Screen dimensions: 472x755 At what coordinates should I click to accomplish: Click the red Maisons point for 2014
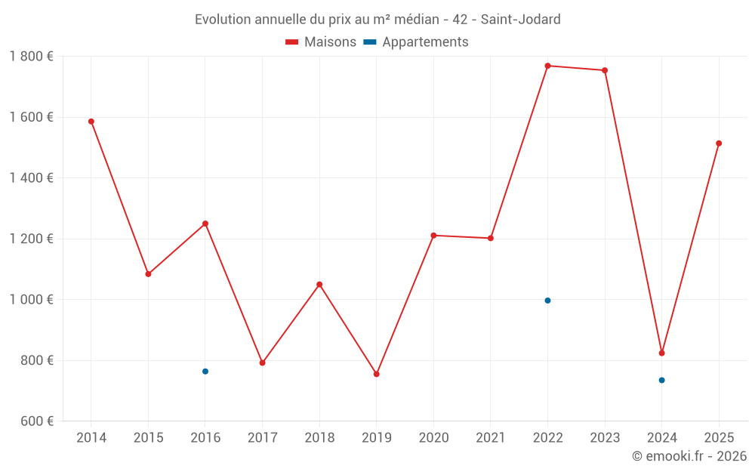[91, 122]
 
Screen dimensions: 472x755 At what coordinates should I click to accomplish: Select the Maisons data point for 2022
[547, 66]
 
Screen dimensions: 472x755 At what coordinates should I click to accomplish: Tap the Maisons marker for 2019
[377, 374]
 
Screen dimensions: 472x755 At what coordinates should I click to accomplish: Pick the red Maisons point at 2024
[661, 353]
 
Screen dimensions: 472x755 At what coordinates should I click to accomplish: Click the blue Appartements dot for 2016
[205, 372]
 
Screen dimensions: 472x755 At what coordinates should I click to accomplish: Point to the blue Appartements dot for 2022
[547, 301]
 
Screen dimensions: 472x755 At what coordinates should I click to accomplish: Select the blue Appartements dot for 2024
[661, 380]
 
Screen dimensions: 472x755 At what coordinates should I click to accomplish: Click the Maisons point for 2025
[719, 143]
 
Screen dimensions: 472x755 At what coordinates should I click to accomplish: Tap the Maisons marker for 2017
[262, 362]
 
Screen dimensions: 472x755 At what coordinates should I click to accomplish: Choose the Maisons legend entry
[321, 42]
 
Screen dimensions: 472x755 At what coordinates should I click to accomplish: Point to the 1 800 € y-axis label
[31, 57]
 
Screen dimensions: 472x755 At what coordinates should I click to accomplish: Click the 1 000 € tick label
[31, 300]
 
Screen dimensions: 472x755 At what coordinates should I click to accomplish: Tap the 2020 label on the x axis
[433, 438]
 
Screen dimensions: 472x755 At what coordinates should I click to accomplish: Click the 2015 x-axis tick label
[148, 438]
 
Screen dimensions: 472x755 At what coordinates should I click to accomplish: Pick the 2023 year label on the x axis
[605, 438]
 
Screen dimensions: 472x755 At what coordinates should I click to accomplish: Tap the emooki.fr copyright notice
[689, 456]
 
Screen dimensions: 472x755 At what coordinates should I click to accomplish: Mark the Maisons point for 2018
[319, 285]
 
